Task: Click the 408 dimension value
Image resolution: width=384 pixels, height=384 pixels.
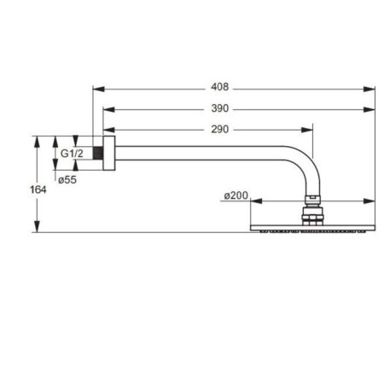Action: click(219, 87)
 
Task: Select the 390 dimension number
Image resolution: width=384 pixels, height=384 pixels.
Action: click(220, 108)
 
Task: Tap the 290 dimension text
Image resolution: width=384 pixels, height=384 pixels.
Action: click(220, 130)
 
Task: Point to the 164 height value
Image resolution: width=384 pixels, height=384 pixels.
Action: click(38, 189)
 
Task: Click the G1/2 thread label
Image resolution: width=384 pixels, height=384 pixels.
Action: click(72, 154)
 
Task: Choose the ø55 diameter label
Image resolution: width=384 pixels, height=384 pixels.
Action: click(67, 180)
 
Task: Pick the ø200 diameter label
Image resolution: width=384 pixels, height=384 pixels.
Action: click(236, 195)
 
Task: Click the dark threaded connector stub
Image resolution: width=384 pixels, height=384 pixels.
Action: click(98, 153)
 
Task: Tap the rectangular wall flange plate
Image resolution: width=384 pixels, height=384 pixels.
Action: click(109, 153)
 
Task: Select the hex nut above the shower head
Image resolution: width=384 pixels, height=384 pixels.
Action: click(312, 218)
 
